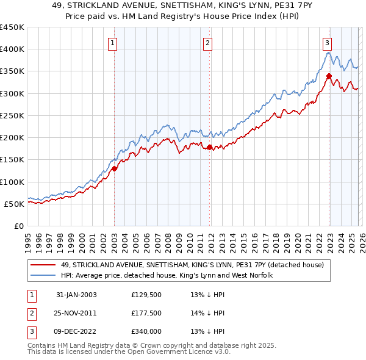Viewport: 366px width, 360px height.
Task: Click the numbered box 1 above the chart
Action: point(114,43)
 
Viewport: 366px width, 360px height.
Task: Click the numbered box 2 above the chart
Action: point(208,43)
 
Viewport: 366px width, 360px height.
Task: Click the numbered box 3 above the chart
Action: point(328,43)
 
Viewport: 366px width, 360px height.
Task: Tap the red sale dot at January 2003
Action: point(115,169)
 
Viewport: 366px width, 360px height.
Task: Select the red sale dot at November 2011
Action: point(209,147)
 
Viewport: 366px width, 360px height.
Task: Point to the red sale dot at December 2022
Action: point(329,76)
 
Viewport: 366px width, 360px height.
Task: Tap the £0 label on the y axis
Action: point(18,226)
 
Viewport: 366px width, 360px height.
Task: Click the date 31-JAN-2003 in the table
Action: point(76,295)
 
